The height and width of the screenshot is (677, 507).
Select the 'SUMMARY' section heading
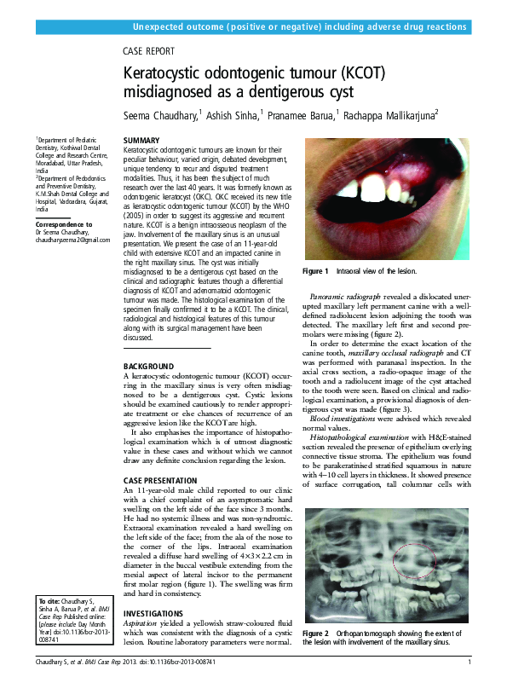tap(141, 140)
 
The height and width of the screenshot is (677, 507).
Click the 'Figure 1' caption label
tap(315, 272)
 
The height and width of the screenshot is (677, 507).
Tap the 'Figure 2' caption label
tap(315, 634)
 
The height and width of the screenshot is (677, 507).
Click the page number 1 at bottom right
tap(470, 663)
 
